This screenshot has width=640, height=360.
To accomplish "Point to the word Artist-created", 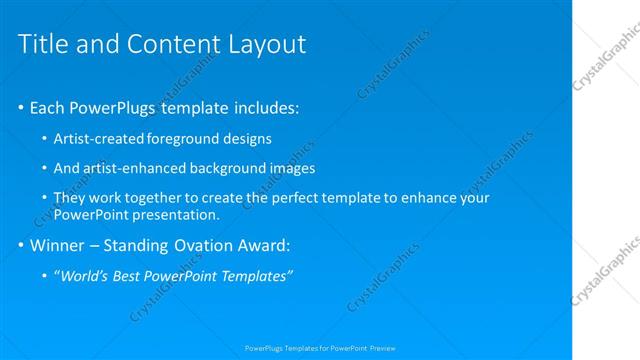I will pyautogui.click(x=98, y=138).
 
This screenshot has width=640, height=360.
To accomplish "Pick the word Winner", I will pyautogui.click(x=61, y=245).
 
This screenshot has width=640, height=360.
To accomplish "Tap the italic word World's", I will pyautogui.click(x=85, y=276).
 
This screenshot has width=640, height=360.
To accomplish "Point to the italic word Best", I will pyautogui.click(x=129, y=276).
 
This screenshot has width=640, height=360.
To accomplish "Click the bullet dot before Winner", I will pyautogui.click(x=21, y=245).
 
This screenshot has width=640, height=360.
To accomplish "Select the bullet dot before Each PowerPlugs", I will pyautogui.click(x=21, y=107).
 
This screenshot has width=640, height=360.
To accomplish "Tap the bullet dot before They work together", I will pyautogui.click(x=45, y=198).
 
